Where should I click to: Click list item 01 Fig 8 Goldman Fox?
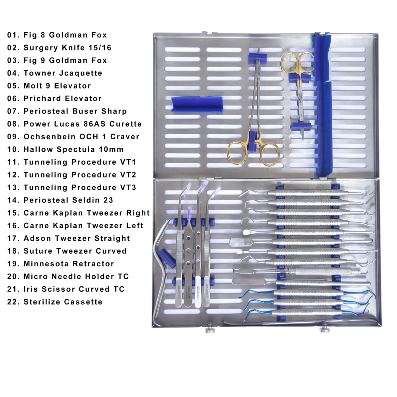pos(57,35)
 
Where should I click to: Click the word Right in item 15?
pos(138,213)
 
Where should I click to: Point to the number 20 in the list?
pos(12,276)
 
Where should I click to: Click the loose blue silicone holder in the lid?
pos(197,104)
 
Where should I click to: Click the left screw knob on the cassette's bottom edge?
pos(210,330)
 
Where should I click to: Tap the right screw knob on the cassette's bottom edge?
pos(325,330)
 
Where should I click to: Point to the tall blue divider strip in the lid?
pos(323,105)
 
